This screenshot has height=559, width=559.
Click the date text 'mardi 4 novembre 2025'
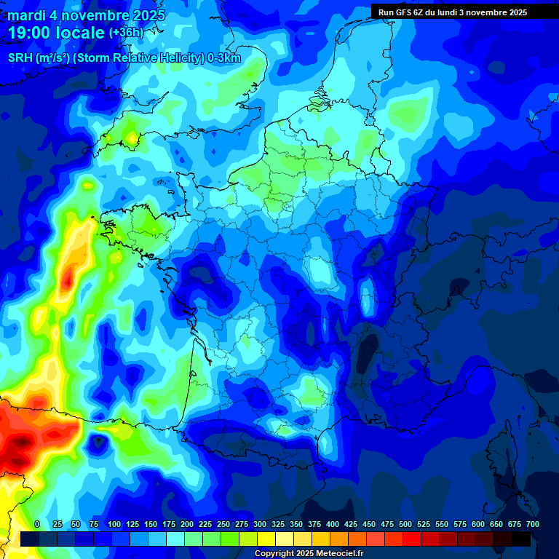[x=86, y=15]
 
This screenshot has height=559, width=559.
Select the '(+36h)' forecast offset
[x=127, y=33]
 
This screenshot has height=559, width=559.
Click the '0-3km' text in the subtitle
[x=224, y=58]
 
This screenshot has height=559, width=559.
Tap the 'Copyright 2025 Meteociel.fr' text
[x=309, y=554]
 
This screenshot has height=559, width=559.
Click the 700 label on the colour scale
[x=532, y=525]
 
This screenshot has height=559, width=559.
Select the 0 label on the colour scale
[x=37, y=525]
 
